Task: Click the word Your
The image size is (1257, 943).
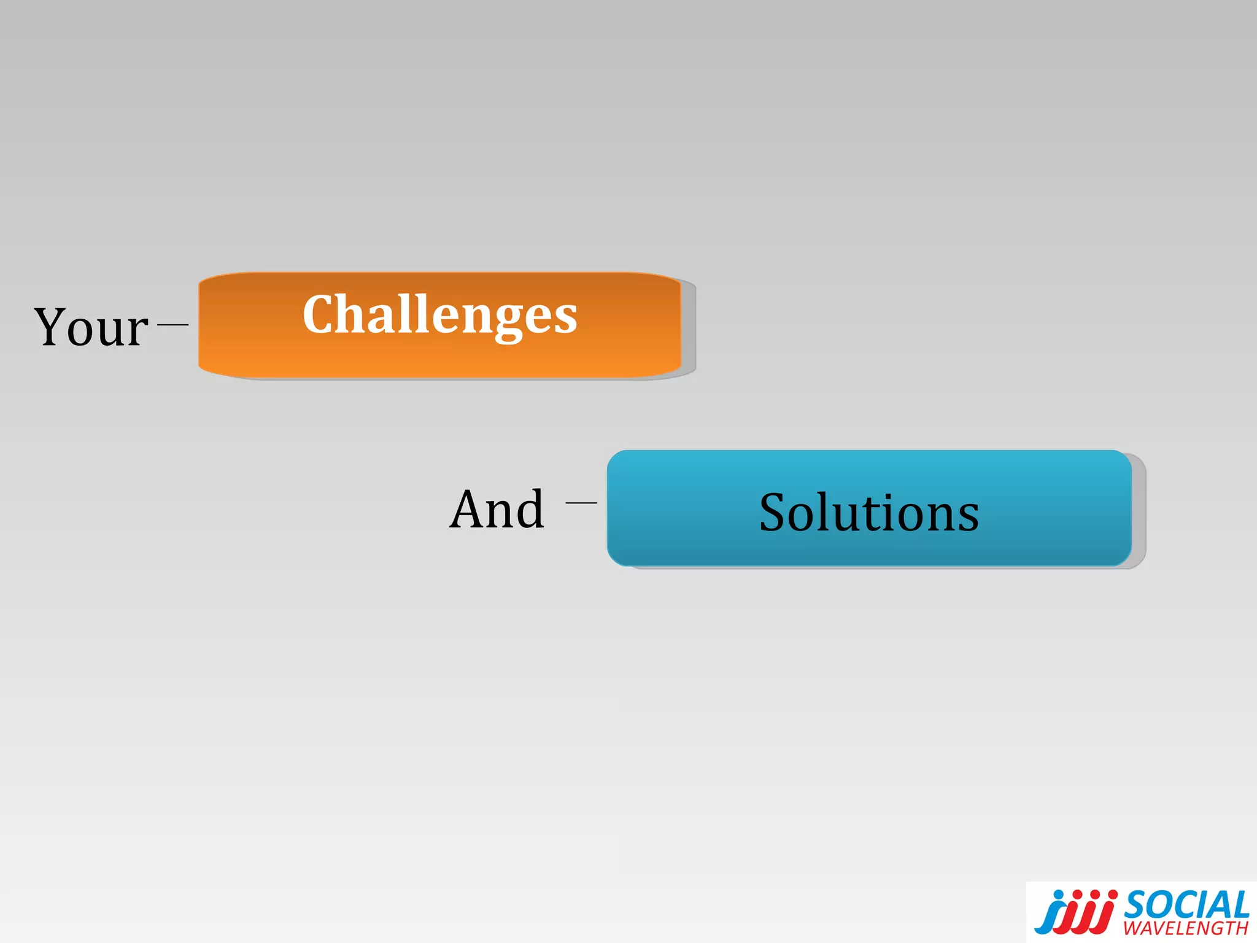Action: pyautogui.click(x=91, y=327)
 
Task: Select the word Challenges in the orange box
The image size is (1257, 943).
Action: pyautogui.click(x=439, y=316)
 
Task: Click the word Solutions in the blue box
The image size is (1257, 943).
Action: pyautogui.click(x=868, y=513)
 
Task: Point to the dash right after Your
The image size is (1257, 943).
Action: pyautogui.click(x=172, y=324)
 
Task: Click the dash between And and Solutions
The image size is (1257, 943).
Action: pyautogui.click(x=581, y=502)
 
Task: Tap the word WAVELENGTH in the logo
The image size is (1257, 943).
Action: pyautogui.click(x=1186, y=928)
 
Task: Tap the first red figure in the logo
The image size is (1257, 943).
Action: pyautogui.click(x=1071, y=917)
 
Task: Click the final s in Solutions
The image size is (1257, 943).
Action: pyautogui.click(x=967, y=517)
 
